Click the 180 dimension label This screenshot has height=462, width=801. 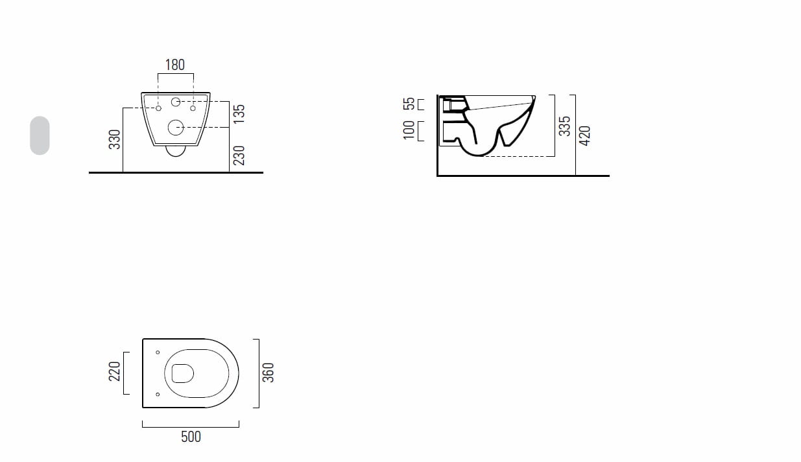click(175, 65)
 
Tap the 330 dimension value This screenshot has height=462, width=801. click(114, 139)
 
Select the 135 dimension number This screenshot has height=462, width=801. click(239, 114)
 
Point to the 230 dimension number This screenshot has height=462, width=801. click(239, 156)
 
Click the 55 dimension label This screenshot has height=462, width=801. click(409, 104)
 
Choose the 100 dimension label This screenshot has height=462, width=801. click(409, 130)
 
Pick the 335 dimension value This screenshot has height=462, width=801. click(565, 126)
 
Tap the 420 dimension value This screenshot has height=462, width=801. click(584, 136)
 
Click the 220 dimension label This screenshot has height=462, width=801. click(114, 371)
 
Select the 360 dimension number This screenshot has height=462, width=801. click(269, 373)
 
